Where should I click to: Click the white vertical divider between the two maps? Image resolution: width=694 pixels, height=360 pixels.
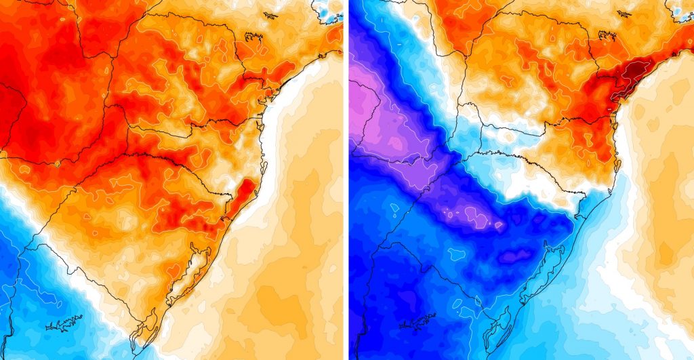click(x=346, y=180)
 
